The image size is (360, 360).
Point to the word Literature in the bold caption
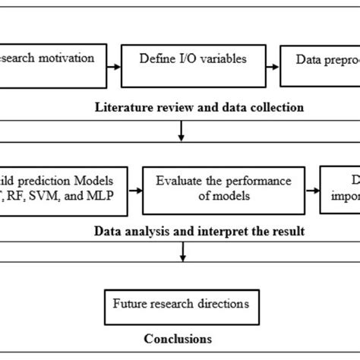119,107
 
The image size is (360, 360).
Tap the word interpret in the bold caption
209,231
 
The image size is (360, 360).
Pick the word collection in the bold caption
277,107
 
